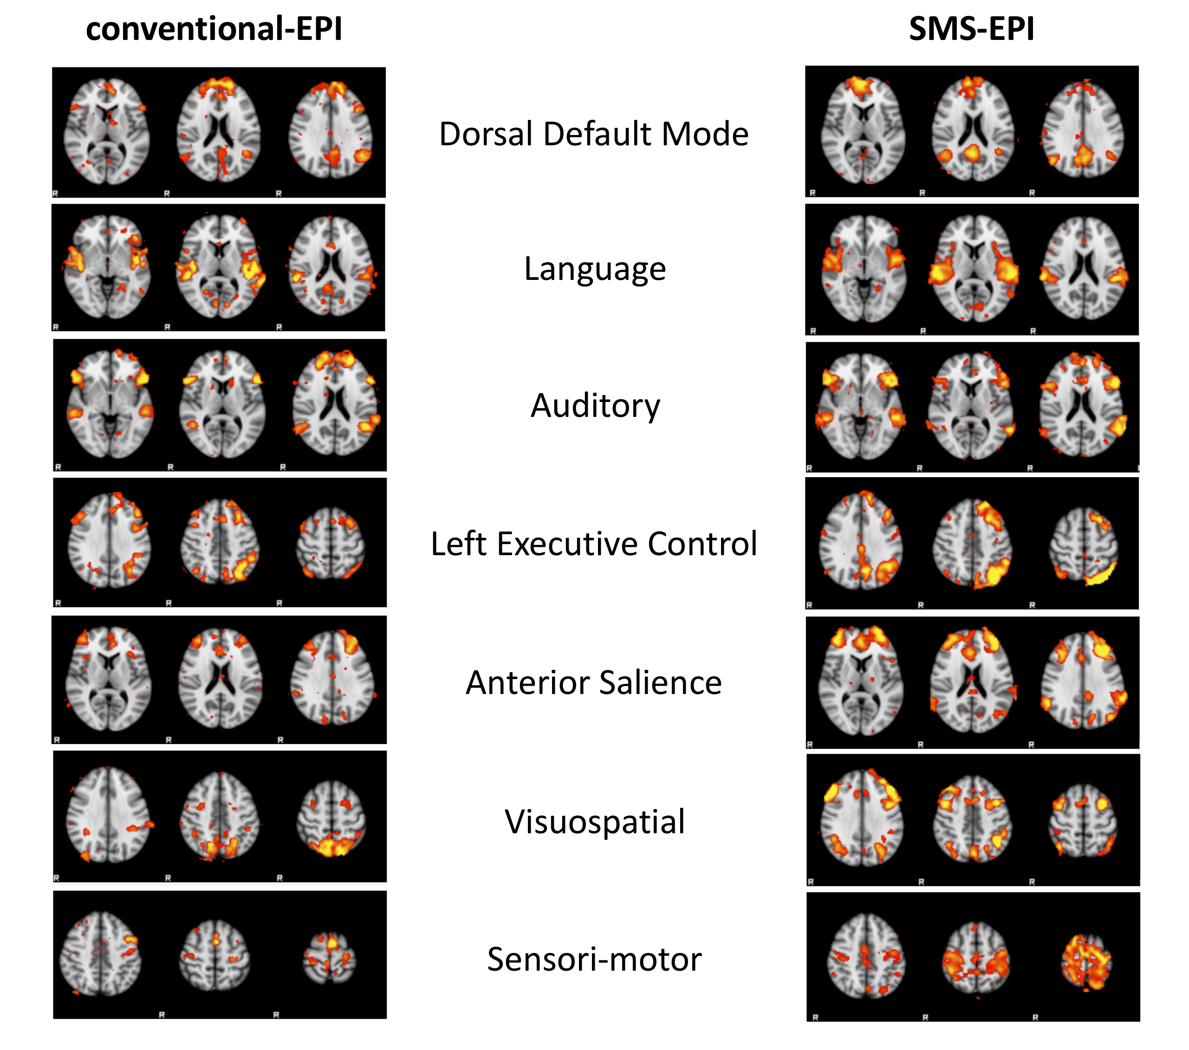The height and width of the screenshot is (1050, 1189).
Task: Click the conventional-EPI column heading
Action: tap(214, 29)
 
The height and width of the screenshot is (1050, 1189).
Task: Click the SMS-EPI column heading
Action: tap(971, 29)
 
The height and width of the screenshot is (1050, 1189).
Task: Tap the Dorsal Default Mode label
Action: tap(593, 134)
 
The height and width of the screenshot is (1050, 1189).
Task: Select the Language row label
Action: tap(594, 269)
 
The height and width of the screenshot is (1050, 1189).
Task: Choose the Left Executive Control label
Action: tap(593, 544)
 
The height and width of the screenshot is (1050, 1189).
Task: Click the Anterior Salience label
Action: tap(593, 682)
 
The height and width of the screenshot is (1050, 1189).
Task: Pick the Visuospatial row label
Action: tap(594, 821)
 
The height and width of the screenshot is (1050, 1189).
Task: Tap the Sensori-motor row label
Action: tap(594, 959)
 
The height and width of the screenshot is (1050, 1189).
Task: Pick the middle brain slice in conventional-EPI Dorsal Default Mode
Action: tap(219, 130)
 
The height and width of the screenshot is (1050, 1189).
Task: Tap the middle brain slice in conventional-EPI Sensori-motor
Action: tap(214, 955)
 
